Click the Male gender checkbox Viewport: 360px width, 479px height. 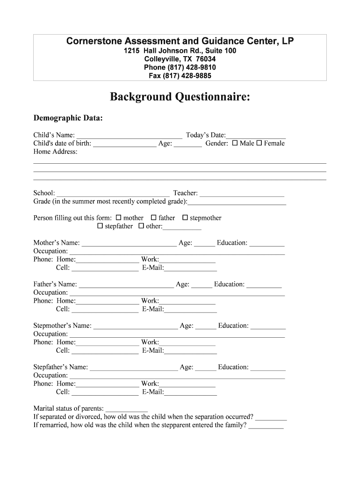tap(235, 143)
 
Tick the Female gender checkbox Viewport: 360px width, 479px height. tap(259, 143)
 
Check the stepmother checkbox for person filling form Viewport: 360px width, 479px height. tap(185, 218)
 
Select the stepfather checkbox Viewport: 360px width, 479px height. tap(100, 226)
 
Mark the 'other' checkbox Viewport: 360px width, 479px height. tap(141, 226)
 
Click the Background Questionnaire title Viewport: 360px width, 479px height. tap(180, 97)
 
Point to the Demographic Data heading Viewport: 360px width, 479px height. tap(68, 118)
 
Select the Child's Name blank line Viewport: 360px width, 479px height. tap(130, 136)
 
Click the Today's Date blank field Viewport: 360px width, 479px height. tap(256, 136)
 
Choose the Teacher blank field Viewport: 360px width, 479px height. tap(242, 194)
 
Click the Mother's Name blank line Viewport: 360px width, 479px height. tap(129, 244)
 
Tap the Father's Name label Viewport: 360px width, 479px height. tap(55, 284)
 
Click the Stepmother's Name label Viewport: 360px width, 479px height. tap(63, 326)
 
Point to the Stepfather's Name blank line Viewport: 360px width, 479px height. tap(134, 368)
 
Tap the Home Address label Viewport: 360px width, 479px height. tap(55, 152)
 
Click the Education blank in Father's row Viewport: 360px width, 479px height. tap(264, 285)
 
